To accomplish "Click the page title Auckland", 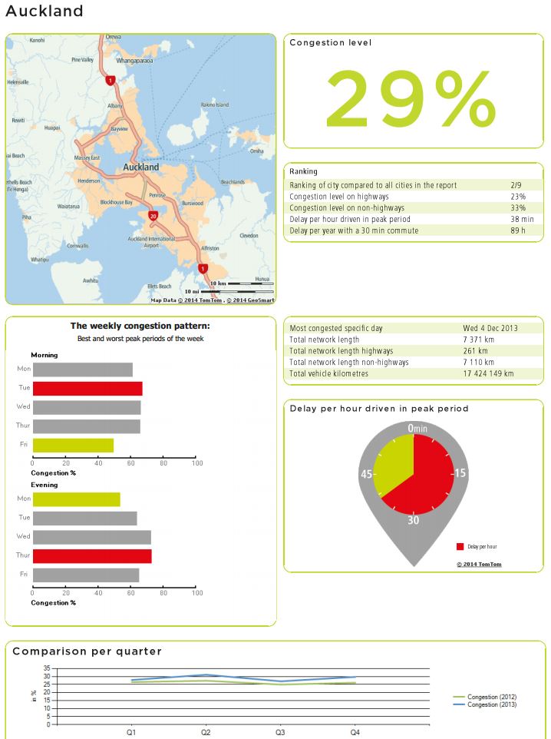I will [44, 12].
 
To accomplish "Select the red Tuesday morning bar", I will [87, 388].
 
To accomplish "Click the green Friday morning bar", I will [73, 445].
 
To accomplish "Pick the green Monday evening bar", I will [76, 499].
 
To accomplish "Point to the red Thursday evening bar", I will [92, 556].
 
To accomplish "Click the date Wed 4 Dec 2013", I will [490, 328].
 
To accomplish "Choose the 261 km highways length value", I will [478, 351].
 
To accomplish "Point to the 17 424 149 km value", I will [488, 373].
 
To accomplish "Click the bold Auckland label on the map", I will [141, 167].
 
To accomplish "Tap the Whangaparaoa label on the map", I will [135, 60].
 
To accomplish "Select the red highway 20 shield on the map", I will [153, 217].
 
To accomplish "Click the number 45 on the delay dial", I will [367, 474].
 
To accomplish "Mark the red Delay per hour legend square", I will [460, 546].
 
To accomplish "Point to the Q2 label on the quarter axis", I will [206, 733].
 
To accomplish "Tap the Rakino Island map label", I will [214, 104].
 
